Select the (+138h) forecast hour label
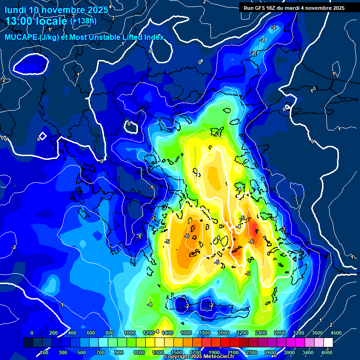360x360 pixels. [x=83, y=21]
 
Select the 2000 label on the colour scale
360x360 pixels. [x=224, y=333]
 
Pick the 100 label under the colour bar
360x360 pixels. [x=44, y=352]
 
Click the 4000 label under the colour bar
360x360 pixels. [x=327, y=352]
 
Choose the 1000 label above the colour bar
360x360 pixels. [x=129, y=333]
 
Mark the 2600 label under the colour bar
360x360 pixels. [x=270, y=352]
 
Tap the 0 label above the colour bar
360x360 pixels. [x=32, y=333]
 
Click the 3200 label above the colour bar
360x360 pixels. [x=299, y=333]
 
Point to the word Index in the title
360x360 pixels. [x=154, y=37]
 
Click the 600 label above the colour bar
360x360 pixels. [x=91, y=333]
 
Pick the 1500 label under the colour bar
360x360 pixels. [x=177, y=352]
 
